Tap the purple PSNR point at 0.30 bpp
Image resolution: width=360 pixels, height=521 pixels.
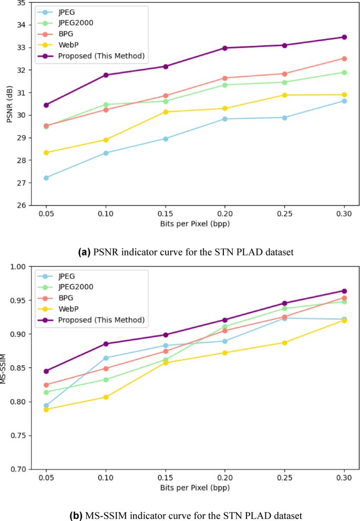click(x=344, y=37)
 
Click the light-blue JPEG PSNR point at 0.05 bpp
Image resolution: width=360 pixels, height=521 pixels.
click(x=46, y=178)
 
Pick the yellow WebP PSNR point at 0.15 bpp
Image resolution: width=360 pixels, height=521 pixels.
click(x=166, y=112)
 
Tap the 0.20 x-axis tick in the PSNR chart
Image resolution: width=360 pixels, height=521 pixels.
click(x=225, y=216)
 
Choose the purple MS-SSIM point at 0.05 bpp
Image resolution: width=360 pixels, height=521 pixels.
click(x=46, y=371)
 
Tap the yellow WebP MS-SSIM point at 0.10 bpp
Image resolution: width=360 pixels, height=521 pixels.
click(x=106, y=397)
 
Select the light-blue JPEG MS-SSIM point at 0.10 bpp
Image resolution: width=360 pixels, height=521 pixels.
click(x=106, y=358)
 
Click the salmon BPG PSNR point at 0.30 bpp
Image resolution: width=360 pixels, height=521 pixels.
click(x=344, y=58)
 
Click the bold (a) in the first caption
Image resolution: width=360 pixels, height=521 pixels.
click(x=85, y=252)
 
